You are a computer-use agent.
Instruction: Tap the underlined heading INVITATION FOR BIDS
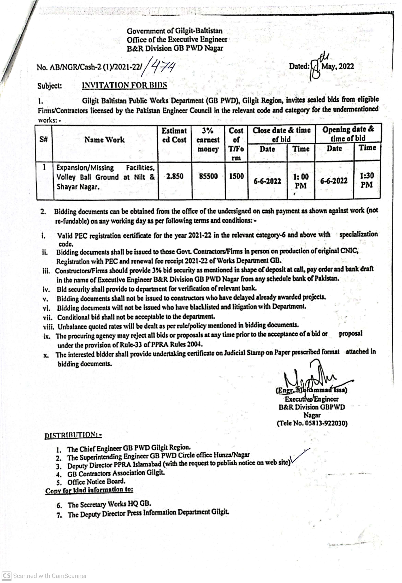point(125,85)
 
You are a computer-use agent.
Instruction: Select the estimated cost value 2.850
point(175,176)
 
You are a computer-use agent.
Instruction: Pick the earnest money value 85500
point(208,176)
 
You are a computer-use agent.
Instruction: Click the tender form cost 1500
point(236,176)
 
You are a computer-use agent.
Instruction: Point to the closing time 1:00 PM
point(301,181)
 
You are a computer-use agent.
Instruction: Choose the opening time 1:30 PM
point(367,180)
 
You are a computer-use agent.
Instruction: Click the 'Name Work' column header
point(104,140)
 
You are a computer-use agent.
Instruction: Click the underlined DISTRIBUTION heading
point(73,435)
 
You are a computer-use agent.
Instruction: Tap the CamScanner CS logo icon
point(6,576)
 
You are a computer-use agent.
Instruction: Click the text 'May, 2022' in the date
point(338,67)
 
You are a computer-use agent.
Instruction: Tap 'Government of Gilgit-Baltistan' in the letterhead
point(175,31)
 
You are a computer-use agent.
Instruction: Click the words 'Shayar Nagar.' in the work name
point(78,187)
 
